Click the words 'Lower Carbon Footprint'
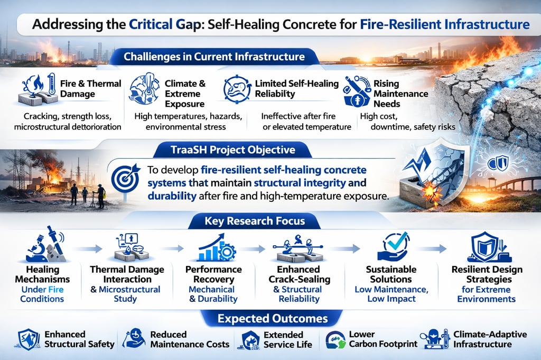pyautogui.click(x=383, y=339)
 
